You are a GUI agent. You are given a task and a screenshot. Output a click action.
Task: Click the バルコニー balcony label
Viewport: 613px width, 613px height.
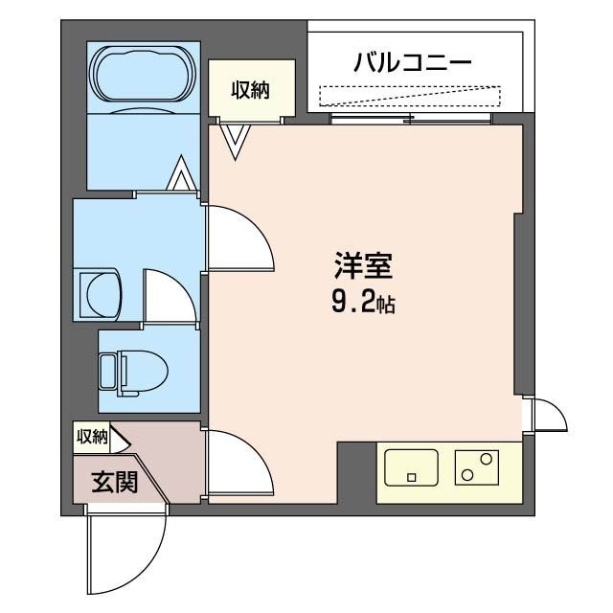pyautogui.click(x=413, y=64)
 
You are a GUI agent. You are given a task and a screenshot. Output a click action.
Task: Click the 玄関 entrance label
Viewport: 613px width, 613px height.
pyautogui.click(x=114, y=482)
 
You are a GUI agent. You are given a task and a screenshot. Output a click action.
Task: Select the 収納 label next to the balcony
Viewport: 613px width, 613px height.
pyautogui.click(x=251, y=90)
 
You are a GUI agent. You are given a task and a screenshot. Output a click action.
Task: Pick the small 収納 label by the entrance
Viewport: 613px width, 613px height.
pyautogui.click(x=92, y=437)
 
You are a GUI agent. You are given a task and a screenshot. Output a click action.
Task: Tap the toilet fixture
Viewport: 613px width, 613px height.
pyautogui.click(x=133, y=370)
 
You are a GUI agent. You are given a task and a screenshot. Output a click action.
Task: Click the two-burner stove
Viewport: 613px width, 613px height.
pyautogui.click(x=477, y=467)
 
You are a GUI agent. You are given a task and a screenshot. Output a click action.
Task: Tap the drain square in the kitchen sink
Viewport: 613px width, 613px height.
pyautogui.click(x=412, y=477)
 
